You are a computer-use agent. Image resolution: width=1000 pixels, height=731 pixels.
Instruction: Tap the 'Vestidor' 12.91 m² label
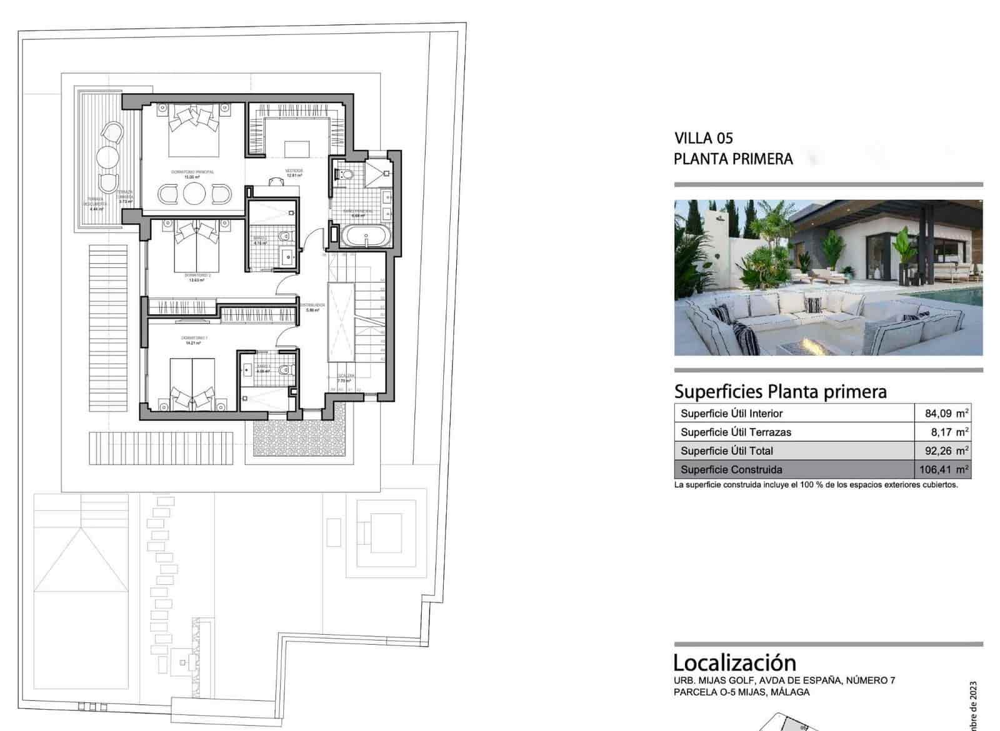[x=294, y=173]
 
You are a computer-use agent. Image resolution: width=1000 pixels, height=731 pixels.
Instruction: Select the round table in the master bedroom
[x=194, y=194]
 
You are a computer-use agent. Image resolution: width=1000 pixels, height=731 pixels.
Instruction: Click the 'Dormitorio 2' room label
[x=197, y=277]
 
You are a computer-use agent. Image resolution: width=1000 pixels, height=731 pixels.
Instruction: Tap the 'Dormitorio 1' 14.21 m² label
[x=195, y=340]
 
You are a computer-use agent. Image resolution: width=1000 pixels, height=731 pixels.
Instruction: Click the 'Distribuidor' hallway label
[x=312, y=307]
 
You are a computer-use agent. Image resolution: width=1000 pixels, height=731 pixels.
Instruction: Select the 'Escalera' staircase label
[x=346, y=378]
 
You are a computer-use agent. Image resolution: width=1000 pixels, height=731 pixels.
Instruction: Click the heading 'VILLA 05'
[x=703, y=138]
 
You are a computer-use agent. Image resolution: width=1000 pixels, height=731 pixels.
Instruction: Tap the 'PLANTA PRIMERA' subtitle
[x=732, y=159]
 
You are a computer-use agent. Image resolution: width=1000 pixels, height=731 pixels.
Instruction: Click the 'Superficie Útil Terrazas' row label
[x=736, y=432]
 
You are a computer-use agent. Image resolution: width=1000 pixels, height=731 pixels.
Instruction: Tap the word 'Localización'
[x=734, y=662]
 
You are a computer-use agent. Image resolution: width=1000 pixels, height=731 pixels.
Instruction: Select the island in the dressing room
[x=296, y=149]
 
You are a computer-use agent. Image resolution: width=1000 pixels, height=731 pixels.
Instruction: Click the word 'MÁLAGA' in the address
[x=790, y=692]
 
